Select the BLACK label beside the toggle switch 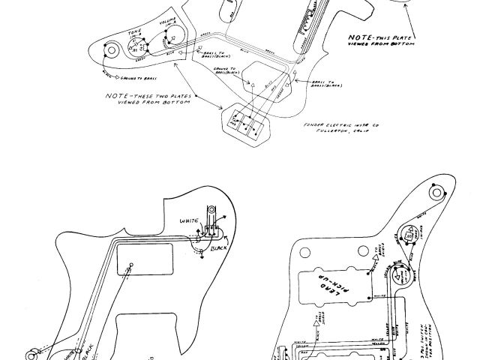219,247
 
